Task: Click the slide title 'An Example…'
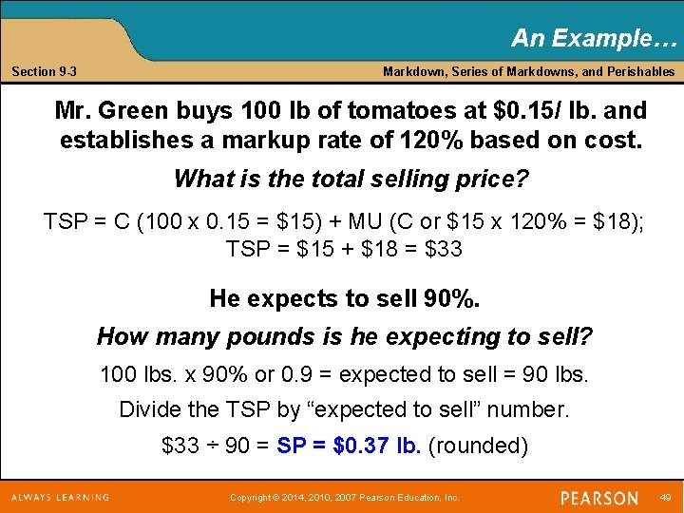(x=595, y=38)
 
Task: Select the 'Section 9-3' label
(x=45, y=72)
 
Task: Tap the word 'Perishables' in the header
(x=640, y=72)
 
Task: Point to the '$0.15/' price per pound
(x=526, y=109)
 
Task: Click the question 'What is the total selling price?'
(x=351, y=179)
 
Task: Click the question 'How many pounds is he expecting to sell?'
(x=345, y=336)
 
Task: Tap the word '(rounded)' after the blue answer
(x=478, y=446)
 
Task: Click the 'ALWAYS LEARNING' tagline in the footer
(x=60, y=497)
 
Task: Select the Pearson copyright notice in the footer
(x=345, y=498)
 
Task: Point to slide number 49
(x=664, y=497)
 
